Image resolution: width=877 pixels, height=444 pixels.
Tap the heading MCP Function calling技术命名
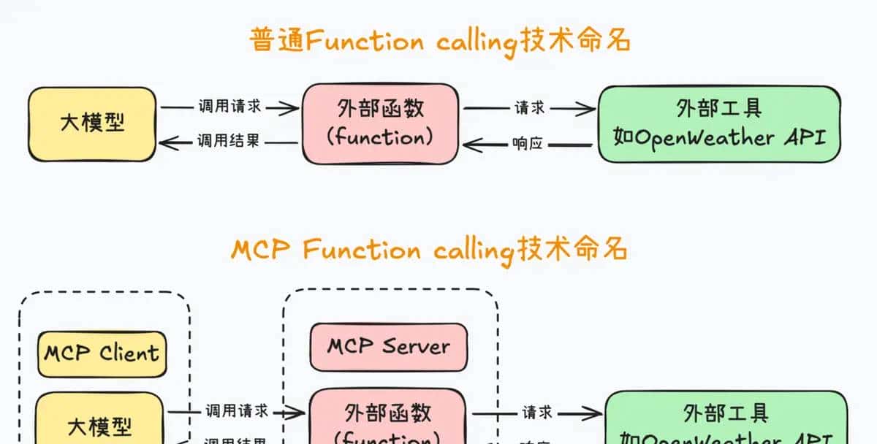pyautogui.click(x=430, y=250)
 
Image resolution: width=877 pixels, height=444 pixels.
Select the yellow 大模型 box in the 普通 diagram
pyautogui.click(x=92, y=123)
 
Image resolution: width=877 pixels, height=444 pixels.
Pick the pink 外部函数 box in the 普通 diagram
pyautogui.click(x=381, y=123)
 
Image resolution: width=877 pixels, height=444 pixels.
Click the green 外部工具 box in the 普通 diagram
pyautogui.click(x=719, y=123)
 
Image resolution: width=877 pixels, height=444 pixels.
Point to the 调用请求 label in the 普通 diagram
pyautogui.click(x=229, y=107)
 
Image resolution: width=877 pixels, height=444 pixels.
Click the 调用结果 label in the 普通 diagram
pyautogui.click(x=229, y=141)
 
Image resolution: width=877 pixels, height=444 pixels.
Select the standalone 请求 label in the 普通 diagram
pyautogui.click(x=530, y=107)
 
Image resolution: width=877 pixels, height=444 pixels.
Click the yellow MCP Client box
pyautogui.click(x=102, y=354)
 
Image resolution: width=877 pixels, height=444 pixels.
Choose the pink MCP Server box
pyautogui.click(x=388, y=346)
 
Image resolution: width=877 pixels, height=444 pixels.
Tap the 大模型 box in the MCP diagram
pyautogui.click(x=100, y=424)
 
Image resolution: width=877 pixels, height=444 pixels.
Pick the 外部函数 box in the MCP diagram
pyautogui.click(x=388, y=420)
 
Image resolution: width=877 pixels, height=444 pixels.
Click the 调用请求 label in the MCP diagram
pyautogui.click(x=236, y=410)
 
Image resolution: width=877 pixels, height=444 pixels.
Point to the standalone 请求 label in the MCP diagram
pyautogui.click(x=537, y=413)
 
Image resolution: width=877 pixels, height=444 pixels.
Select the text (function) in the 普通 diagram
pyautogui.click(x=380, y=137)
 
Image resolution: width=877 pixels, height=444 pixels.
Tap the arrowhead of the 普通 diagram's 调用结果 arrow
pyautogui.click(x=166, y=142)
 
